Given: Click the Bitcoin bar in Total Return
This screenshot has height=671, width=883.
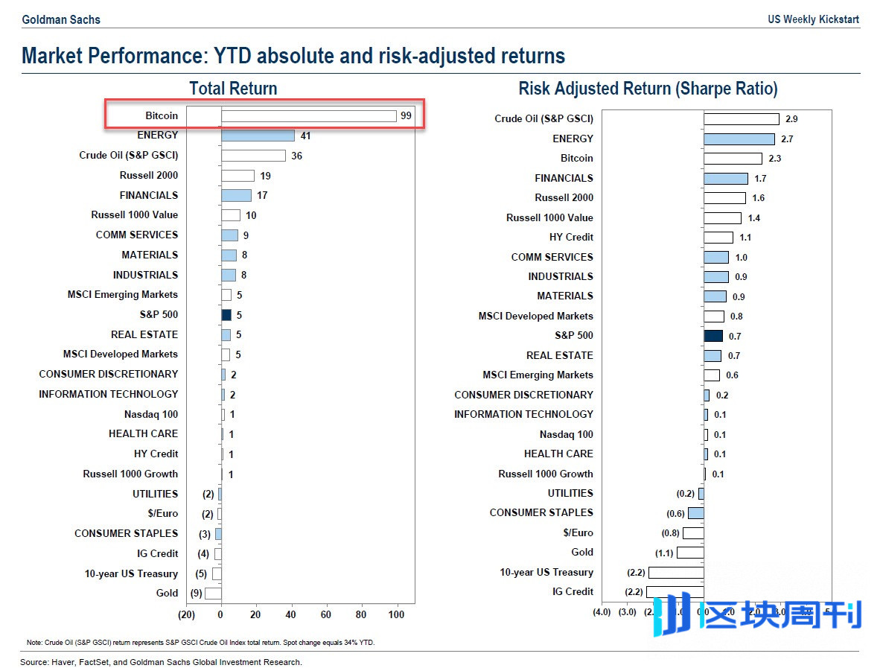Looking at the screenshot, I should (x=308, y=115).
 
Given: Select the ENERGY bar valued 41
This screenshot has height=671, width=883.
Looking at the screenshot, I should (x=258, y=136).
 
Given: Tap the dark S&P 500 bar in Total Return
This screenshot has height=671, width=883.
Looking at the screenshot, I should (x=226, y=315).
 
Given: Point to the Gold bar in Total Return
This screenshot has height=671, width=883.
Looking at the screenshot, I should (x=213, y=594).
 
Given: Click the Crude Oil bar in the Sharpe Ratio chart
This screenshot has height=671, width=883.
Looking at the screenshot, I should (x=742, y=119).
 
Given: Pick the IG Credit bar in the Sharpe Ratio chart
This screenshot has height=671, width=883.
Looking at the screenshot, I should (x=675, y=592).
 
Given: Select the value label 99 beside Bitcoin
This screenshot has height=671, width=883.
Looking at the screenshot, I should (x=406, y=115).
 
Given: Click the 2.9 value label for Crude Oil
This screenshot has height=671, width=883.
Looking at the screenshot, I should (x=792, y=119).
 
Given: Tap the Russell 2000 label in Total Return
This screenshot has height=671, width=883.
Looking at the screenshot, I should (x=149, y=175).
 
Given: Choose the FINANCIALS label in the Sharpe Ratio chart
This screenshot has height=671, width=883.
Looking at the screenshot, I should (x=564, y=178).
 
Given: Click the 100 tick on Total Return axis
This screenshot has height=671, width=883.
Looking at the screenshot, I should (x=396, y=614).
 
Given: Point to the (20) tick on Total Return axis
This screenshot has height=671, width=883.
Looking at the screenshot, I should (x=186, y=614).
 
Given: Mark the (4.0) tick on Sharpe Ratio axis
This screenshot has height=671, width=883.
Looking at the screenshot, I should (x=602, y=612).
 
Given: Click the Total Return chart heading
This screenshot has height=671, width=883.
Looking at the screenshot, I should (x=233, y=89).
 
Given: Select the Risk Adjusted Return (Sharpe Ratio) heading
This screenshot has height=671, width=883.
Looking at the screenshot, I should (x=648, y=89).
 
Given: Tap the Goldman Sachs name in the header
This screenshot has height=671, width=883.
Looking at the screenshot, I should (x=61, y=19).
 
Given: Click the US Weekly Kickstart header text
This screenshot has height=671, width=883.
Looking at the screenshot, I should (x=814, y=19).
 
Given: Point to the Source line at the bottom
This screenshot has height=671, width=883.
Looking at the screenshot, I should (x=161, y=662).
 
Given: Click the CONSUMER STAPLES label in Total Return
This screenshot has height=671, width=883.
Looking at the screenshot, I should (x=126, y=533).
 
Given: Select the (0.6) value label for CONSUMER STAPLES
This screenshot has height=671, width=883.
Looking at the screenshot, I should (x=675, y=514).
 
